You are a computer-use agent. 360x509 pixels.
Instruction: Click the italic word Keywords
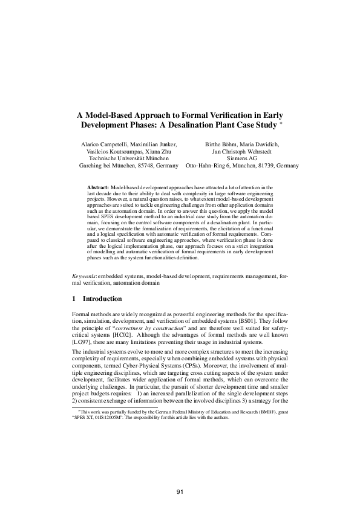[x=85, y=276]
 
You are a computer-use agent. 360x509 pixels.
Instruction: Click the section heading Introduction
[x=102, y=299]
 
